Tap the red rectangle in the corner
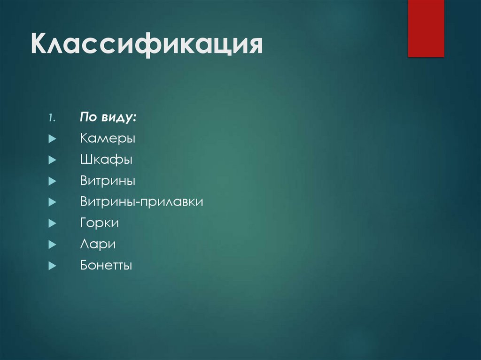(x=426, y=28)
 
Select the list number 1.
(x=51, y=119)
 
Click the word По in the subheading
(x=88, y=117)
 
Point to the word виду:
(x=118, y=118)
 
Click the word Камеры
(x=108, y=139)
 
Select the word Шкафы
(x=106, y=160)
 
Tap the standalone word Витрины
(x=108, y=181)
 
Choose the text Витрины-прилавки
(x=141, y=202)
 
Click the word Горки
(x=99, y=223)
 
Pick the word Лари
(x=98, y=245)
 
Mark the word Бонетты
(x=106, y=266)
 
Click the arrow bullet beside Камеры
(x=52, y=139)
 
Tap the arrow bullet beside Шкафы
(x=52, y=161)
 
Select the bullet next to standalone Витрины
(x=52, y=182)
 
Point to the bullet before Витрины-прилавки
(x=52, y=203)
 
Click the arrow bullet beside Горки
(x=52, y=224)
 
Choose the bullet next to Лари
(x=52, y=245)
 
